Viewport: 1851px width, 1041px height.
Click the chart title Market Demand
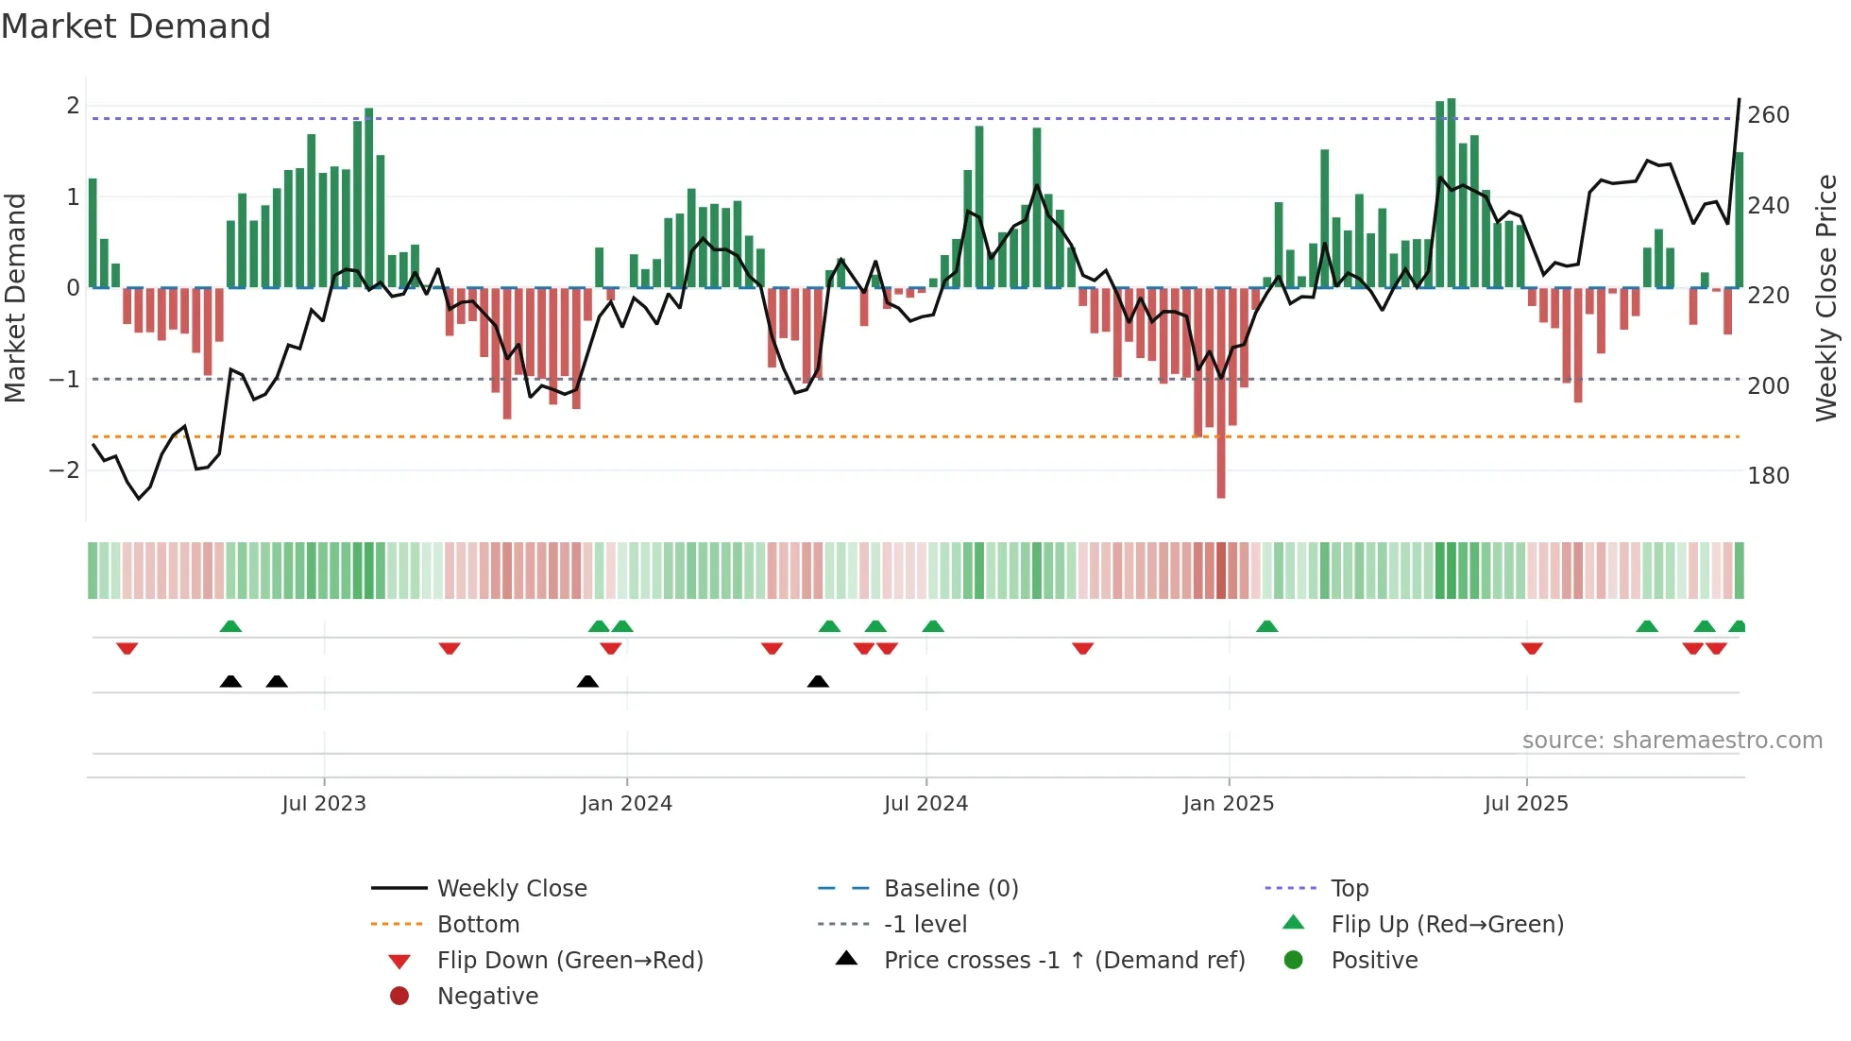coord(136,26)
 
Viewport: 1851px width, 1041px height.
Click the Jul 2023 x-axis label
coord(324,804)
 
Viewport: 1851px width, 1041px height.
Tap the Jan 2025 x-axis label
coord(1228,804)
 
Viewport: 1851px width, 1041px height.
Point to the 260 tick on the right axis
coord(1768,115)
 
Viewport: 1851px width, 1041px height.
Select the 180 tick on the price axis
coord(1768,476)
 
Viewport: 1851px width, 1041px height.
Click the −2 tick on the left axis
coord(64,470)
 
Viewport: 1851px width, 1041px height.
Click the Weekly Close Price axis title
coord(1826,298)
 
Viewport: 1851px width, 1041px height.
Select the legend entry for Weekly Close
coord(511,889)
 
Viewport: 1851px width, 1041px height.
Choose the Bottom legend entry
coord(478,925)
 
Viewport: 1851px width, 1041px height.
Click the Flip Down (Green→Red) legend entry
coord(569,961)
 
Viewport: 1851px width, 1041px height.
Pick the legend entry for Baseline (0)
coord(950,889)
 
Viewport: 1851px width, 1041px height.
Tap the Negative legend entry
coord(487,997)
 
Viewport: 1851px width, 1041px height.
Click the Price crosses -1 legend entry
coord(1063,961)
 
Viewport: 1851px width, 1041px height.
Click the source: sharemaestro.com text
coord(1672,741)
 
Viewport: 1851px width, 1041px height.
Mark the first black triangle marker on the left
coord(230,681)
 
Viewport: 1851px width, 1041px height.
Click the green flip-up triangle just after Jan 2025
coord(1267,626)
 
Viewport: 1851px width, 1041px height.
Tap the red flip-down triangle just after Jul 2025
coord(1532,648)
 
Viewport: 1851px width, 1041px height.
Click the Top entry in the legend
coord(1349,889)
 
